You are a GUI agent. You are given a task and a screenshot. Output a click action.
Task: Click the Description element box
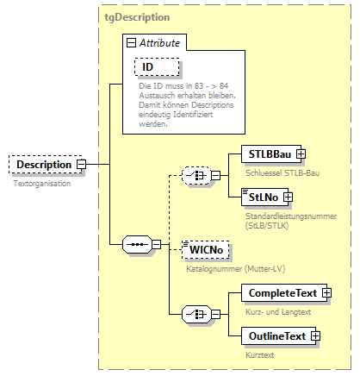point(43,164)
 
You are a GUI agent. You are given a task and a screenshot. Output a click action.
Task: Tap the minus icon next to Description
point(81,164)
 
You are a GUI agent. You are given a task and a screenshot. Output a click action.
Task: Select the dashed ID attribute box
point(154,67)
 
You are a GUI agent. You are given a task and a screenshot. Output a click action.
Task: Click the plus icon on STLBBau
point(301,154)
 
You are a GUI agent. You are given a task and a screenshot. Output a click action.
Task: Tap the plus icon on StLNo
point(288,197)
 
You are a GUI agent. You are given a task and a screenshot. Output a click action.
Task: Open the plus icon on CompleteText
point(326,293)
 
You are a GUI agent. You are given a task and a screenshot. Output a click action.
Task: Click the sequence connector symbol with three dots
point(137,243)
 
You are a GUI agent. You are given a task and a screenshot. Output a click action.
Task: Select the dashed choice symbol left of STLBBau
point(196,176)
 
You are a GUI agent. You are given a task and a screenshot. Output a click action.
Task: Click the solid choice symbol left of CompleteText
point(196,314)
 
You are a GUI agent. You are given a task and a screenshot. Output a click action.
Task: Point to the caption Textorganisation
point(42,183)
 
